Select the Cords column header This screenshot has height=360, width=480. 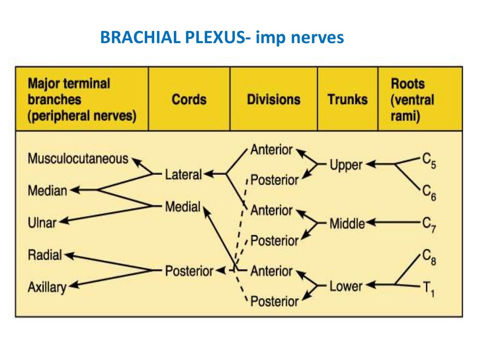189,99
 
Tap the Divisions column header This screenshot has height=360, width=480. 273,99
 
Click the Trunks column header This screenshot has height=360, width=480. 348,99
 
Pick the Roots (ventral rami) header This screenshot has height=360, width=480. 412,99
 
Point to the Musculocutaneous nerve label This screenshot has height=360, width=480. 78,158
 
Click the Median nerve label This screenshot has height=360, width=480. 47,191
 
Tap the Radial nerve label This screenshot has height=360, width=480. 45,255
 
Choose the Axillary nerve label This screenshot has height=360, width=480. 47,287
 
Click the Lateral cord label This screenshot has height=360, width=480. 183,175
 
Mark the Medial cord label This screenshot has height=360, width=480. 182,207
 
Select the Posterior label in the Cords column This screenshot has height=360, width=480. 189,270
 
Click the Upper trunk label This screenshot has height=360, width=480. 346,165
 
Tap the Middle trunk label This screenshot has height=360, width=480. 347,224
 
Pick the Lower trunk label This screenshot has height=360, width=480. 346,285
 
